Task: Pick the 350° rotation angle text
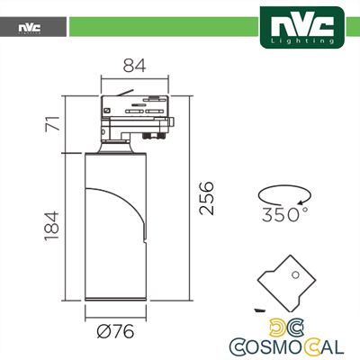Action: click(285, 215)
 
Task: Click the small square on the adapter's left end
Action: click(107, 109)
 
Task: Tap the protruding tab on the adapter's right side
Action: click(175, 120)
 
